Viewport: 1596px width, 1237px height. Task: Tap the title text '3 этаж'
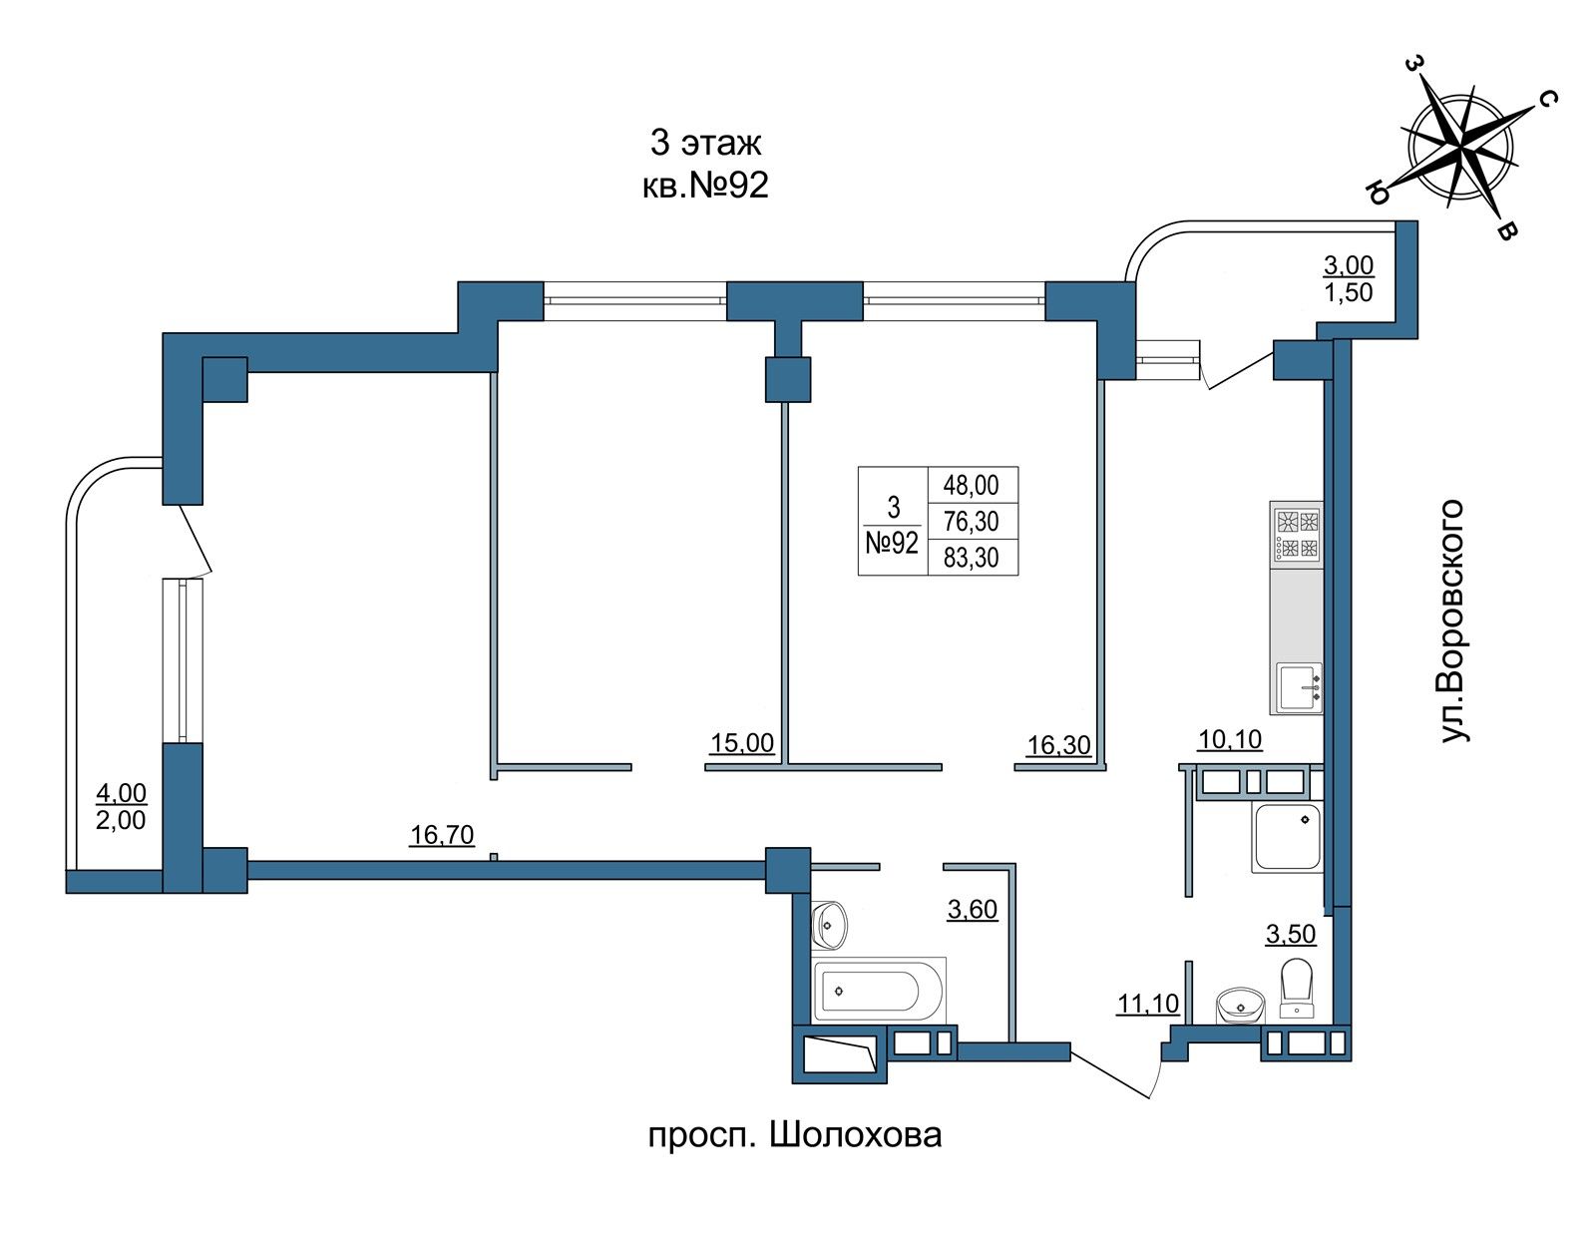pyautogui.click(x=704, y=144)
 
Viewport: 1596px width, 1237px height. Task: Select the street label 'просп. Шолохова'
pyautogui.click(x=794, y=1135)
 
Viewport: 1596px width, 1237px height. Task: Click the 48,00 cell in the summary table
pyautogui.click(x=971, y=485)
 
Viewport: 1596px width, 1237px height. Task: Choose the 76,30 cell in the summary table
pyautogui.click(x=971, y=522)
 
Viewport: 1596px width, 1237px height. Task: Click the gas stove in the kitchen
pyautogui.click(x=1297, y=534)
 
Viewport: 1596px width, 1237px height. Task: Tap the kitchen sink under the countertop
pyautogui.click(x=1299, y=687)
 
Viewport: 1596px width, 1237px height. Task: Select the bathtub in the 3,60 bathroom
pyautogui.click(x=879, y=991)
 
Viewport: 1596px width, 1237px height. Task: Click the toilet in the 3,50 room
pyautogui.click(x=1297, y=989)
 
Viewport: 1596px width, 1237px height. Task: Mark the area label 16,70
pyautogui.click(x=442, y=834)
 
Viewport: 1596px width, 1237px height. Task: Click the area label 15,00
pyautogui.click(x=742, y=742)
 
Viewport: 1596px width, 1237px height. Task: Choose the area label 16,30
pyautogui.click(x=1058, y=745)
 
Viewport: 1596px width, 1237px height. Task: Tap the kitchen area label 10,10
pyautogui.click(x=1230, y=739)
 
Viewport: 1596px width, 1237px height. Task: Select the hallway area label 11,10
pyautogui.click(x=1148, y=1003)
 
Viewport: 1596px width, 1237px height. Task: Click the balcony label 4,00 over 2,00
pyautogui.click(x=121, y=807)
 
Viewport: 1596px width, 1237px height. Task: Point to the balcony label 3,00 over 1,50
pyautogui.click(x=1348, y=278)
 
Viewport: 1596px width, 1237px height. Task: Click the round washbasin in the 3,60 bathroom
pyautogui.click(x=830, y=924)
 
